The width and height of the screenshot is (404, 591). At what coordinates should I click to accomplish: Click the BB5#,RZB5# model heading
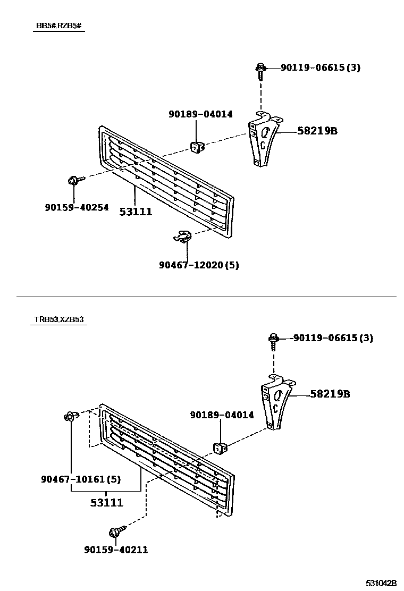tap(58, 26)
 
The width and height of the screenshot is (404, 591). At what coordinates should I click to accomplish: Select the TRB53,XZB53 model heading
tap(58, 319)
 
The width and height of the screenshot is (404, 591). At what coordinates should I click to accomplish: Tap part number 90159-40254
tap(77, 207)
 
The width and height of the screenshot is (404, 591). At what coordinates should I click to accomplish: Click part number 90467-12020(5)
tap(198, 265)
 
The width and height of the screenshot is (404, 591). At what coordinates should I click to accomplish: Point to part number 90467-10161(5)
tap(80, 479)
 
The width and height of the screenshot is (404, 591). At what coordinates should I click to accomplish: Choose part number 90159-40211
tap(116, 550)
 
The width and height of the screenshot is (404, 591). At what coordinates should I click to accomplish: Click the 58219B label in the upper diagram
tap(317, 131)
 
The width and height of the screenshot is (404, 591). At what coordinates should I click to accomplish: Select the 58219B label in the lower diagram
tap(330, 394)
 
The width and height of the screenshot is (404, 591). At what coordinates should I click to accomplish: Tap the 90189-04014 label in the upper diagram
tap(200, 114)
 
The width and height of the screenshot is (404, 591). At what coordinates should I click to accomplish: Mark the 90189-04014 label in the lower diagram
tap(222, 415)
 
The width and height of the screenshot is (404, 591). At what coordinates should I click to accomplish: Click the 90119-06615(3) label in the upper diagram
tap(321, 67)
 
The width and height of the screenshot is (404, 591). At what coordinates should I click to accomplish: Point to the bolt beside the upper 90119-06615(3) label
tap(260, 69)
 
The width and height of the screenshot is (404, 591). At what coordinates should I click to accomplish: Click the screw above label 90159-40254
tap(73, 181)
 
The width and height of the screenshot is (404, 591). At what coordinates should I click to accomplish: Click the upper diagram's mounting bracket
tap(262, 141)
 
